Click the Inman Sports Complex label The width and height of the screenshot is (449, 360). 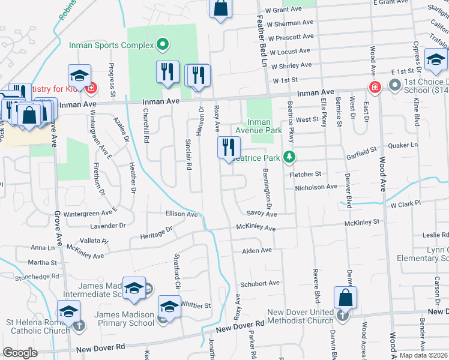(x=112, y=44)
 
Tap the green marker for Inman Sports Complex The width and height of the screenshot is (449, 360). (x=161, y=44)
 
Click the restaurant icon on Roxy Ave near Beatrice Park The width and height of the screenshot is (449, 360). (x=228, y=147)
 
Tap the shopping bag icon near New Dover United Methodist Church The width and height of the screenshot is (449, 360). (x=346, y=297)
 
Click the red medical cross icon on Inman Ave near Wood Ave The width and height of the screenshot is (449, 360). (x=375, y=86)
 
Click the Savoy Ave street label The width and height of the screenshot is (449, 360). (x=261, y=214)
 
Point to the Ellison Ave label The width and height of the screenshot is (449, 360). (x=181, y=214)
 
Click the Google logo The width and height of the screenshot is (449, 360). (x=20, y=353)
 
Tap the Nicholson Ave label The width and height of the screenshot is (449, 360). (x=316, y=187)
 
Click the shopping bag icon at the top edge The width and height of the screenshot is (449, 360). (x=221, y=8)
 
